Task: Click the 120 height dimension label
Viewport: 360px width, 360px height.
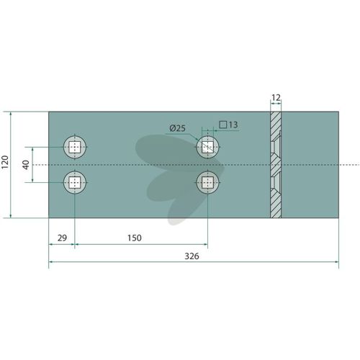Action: tap(5, 162)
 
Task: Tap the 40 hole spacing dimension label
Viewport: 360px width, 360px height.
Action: tap(26, 165)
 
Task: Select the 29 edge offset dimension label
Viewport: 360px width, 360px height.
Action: tap(62, 238)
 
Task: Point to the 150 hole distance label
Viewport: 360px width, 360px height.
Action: tap(135, 238)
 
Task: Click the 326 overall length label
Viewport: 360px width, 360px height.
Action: tap(192, 256)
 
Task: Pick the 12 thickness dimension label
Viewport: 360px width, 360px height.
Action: tap(276, 98)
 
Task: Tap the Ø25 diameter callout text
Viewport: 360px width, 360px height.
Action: tap(178, 128)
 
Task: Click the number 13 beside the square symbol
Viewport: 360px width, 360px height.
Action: tap(233, 125)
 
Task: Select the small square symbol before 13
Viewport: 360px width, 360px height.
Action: tap(223, 125)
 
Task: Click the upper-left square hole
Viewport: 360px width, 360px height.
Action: tap(75, 147)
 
